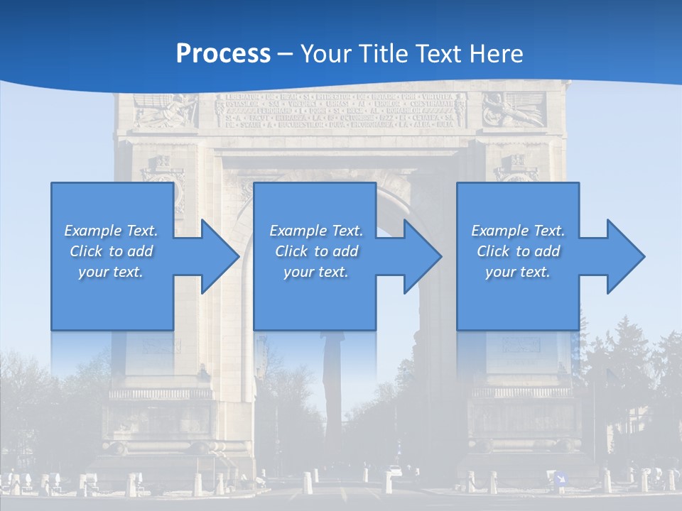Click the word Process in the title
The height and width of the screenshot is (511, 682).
pos(223,53)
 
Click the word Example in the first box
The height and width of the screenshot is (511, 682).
pos(93,231)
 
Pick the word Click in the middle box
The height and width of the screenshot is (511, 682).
pos(291,251)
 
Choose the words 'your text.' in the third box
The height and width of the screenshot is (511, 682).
pos(517,272)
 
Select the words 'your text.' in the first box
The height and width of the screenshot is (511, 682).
pos(111,272)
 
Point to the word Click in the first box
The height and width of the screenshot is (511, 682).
pos(86,251)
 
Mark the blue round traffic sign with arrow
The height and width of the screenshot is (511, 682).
pos(561,478)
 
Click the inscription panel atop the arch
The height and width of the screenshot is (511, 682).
pos(340,111)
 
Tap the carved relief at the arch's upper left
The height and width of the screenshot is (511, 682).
pos(165,111)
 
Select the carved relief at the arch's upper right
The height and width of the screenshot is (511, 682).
pos(514,111)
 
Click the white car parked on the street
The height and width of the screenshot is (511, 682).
pos(395,471)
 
